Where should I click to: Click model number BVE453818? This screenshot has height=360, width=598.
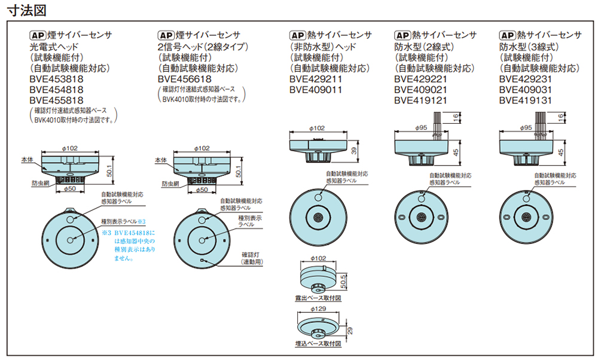pyautogui.click(x=56, y=78)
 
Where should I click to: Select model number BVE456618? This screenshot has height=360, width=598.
pyautogui.click(x=185, y=78)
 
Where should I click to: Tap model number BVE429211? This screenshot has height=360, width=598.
pyautogui.click(x=316, y=78)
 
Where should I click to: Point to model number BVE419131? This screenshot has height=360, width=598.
pyautogui.click(x=525, y=100)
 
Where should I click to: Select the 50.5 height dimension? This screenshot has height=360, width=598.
pyautogui.click(x=343, y=281)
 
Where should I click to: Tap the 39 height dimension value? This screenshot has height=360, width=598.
pyautogui.click(x=354, y=151)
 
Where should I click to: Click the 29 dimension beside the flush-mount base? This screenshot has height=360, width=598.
pyautogui.click(x=349, y=330)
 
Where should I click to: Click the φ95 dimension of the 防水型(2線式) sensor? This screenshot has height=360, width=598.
pyautogui.click(x=421, y=128)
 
